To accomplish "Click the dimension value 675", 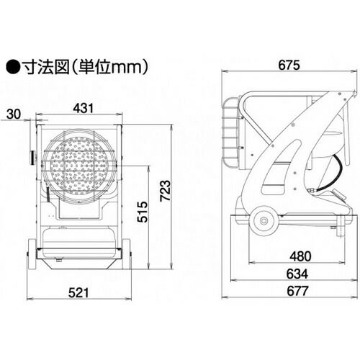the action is click(x=289, y=65).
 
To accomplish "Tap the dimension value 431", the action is click(x=84, y=108).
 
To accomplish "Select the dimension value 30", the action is click(x=14, y=114).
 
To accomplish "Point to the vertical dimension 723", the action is click(x=166, y=191).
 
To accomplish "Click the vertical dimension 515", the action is click(x=143, y=212).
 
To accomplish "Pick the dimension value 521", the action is click(x=78, y=293).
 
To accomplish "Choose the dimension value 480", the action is click(x=300, y=256).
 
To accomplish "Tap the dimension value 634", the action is click(x=297, y=274).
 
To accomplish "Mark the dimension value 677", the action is click(x=297, y=292).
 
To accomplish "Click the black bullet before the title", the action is click(x=13, y=68).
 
